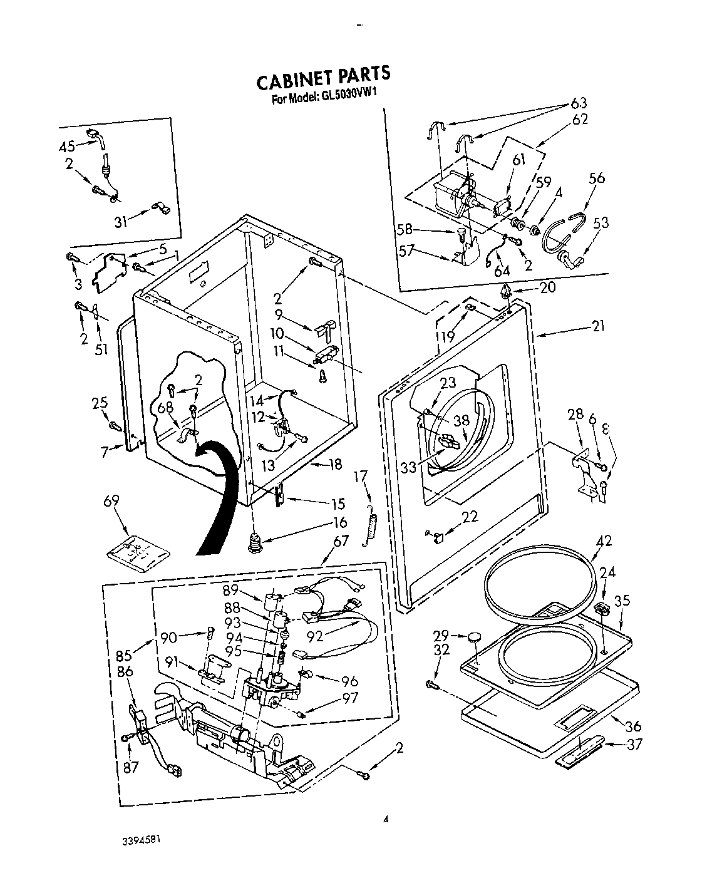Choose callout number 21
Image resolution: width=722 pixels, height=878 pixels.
599,326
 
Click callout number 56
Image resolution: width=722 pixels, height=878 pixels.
597,178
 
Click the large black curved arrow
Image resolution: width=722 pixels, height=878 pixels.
219,495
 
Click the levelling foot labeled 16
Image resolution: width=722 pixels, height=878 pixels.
254,542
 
